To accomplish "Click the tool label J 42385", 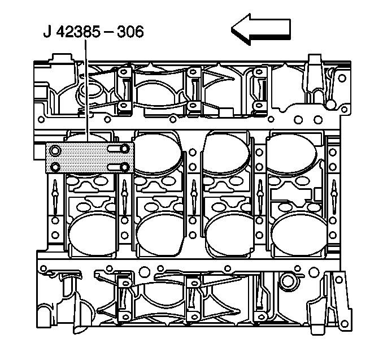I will [x=73, y=31].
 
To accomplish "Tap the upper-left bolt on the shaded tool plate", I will [x=55, y=150].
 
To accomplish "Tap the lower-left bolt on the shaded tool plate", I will [x=55, y=167].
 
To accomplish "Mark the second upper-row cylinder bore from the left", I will [x=158, y=153].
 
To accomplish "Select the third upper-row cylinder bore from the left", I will [x=227, y=153].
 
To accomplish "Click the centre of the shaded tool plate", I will [x=89, y=158].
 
